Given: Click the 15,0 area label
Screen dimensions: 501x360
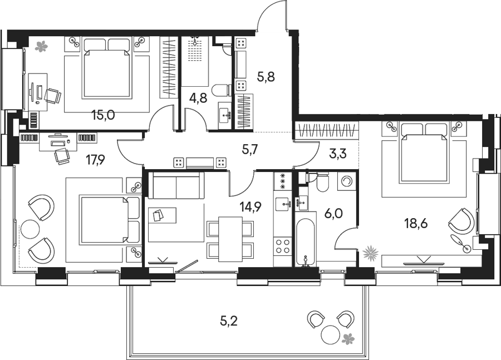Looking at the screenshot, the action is [x=103, y=115].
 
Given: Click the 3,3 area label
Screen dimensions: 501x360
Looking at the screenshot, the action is [x=338, y=154].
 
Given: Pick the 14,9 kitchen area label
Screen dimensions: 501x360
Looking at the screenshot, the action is [x=251, y=208].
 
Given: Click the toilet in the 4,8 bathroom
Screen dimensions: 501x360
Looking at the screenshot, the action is [x=222, y=90].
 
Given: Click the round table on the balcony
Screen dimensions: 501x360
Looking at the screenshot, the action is [x=330, y=334].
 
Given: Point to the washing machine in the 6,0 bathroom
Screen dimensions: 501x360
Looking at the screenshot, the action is [x=347, y=182].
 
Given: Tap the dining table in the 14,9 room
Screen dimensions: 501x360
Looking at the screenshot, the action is [x=230, y=239].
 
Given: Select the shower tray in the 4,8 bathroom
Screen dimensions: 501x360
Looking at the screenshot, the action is [x=195, y=61].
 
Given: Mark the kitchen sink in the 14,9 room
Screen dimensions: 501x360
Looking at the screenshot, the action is [x=283, y=204].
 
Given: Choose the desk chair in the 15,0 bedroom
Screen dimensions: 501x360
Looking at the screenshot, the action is [x=52, y=96].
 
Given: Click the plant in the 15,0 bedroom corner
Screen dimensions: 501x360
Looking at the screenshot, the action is [x=41, y=47].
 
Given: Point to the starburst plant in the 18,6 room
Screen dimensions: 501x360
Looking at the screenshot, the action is [x=370, y=253].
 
